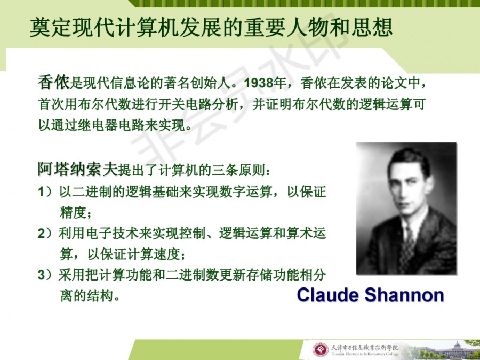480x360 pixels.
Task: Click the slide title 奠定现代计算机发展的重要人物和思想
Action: [211, 28]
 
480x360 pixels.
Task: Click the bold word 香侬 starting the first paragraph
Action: [54, 82]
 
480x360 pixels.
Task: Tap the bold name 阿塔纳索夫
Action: [78, 169]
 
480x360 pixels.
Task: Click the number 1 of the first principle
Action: [41, 192]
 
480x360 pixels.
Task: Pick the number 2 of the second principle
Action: [42, 234]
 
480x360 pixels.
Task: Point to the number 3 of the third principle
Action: [42, 275]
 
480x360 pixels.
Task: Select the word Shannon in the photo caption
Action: [404, 295]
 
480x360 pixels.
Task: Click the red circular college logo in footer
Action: [320, 350]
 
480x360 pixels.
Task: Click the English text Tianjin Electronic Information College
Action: [365, 355]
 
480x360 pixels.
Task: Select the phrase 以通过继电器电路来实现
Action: [112, 125]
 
